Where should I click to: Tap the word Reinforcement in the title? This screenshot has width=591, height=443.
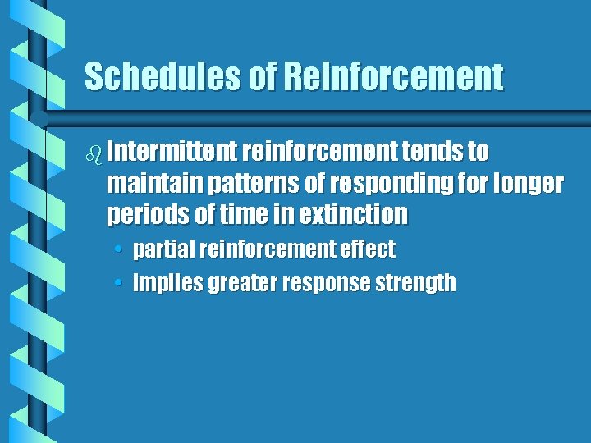(x=393, y=77)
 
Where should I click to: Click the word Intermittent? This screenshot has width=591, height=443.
(x=172, y=152)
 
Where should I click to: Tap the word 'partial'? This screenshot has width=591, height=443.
(x=166, y=249)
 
